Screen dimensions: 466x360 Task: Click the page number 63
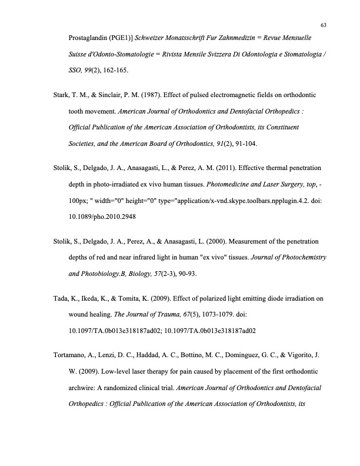point(324,24)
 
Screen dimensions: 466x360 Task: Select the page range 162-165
point(111,70)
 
